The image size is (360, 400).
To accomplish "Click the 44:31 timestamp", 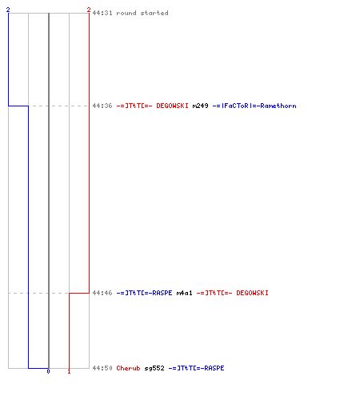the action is point(102,13).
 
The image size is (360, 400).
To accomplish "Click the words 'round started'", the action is point(142,13).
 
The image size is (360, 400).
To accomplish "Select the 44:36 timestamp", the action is point(102,106).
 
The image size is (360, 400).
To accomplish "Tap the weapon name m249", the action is point(200,106).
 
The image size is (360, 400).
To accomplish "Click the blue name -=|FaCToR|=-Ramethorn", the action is point(254,106).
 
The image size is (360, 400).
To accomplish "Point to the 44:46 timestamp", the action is point(102,293).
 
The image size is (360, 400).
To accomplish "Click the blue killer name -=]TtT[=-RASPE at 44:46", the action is point(144,293).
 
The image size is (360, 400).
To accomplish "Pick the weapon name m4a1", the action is point(184,293).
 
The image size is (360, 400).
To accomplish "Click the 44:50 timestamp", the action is point(102,368).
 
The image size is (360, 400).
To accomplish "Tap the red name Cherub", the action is point(128,368).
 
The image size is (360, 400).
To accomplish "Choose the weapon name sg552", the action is point(154,368).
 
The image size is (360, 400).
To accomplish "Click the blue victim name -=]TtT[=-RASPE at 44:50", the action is point(196,368).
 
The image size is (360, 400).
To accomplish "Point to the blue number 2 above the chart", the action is point(8,10).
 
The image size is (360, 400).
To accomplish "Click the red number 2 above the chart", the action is point(89,10).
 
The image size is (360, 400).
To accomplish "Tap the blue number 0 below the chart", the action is point(48,371).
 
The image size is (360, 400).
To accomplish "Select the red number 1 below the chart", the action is point(69,371).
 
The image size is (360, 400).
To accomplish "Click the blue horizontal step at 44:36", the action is point(18,106).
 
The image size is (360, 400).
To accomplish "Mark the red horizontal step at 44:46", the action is point(79,293).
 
